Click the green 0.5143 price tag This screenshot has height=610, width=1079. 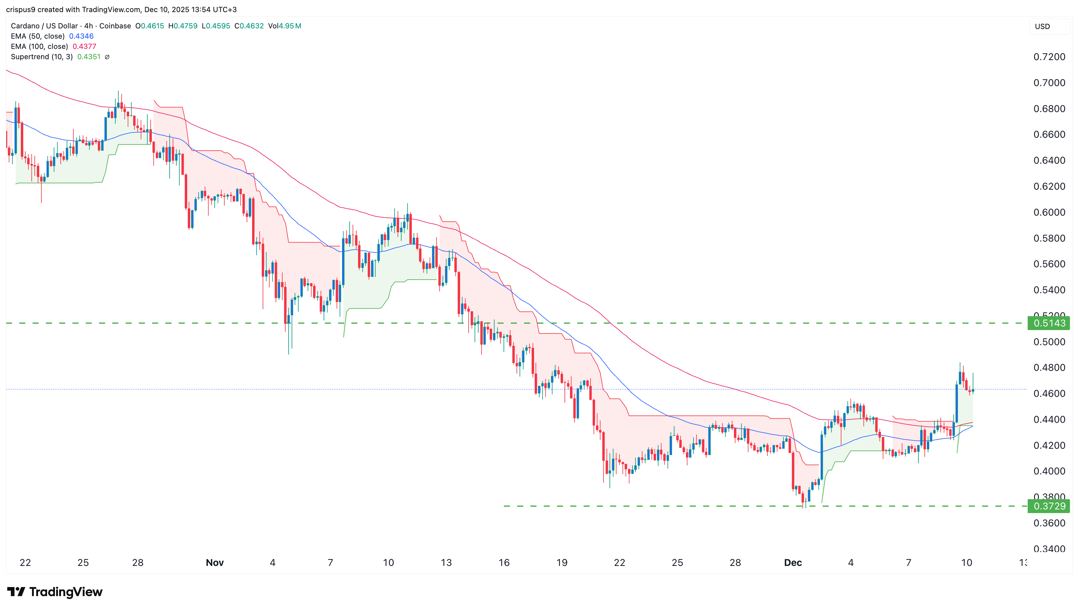click(1049, 323)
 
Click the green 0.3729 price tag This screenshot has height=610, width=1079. click(1049, 506)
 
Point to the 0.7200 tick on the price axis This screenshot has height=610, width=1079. click(1049, 57)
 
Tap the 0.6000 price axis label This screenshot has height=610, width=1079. click(1049, 212)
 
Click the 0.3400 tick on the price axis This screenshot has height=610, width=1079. click(1049, 549)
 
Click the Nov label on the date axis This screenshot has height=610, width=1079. click(214, 563)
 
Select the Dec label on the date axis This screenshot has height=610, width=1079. click(792, 563)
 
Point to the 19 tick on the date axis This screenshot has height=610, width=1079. click(562, 563)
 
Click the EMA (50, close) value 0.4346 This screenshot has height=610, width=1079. click(81, 36)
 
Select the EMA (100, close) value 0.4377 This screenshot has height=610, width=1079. click(84, 47)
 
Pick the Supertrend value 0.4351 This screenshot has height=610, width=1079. click(89, 56)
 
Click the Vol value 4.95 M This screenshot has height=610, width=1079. click(290, 26)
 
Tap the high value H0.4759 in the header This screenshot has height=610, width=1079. click(183, 26)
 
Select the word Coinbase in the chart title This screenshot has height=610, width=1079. click(115, 26)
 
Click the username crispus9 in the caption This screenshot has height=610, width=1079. click(21, 9)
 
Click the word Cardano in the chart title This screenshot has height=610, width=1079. click(25, 26)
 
